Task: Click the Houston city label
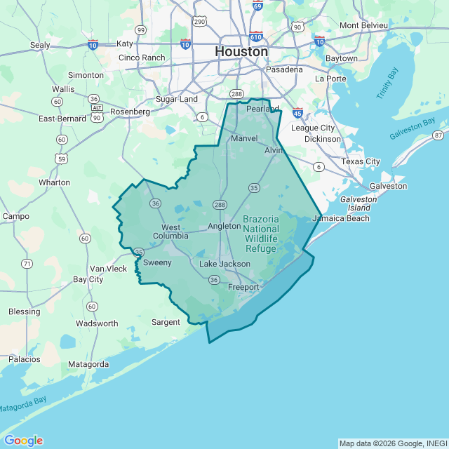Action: [x=241, y=52]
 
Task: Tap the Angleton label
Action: [x=224, y=226]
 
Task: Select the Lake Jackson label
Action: [x=224, y=264]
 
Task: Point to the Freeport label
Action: [x=243, y=287]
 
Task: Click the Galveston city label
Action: [x=388, y=186]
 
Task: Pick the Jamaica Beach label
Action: [x=340, y=218]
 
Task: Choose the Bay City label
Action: [x=88, y=279]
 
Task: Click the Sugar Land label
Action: [x=177, y=100]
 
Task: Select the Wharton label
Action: [x=54, y=182]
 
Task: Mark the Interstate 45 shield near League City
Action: [x=297, y=112]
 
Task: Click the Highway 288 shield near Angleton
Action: [x=220, y=204]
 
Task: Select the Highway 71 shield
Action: [x=27, y=264]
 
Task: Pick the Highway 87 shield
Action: [x=438, y=135]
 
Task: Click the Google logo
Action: [x=23, y=440]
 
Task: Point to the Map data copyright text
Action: [x=392, y=443]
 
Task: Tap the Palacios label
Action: [x=25, y=359]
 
